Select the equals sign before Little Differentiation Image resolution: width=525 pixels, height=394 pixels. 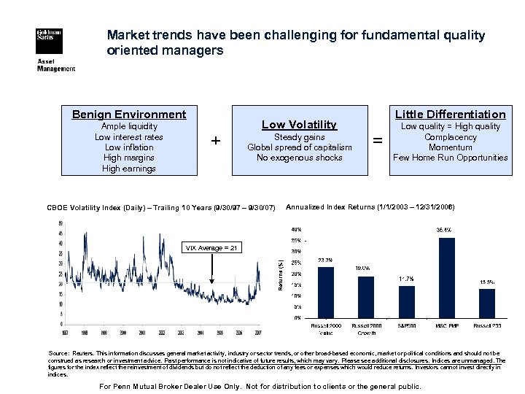[377, 142]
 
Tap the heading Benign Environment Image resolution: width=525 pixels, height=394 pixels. [129, 115]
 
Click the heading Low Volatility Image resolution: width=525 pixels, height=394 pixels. [300, 125]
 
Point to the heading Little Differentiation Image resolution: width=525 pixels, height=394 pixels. [450, 115]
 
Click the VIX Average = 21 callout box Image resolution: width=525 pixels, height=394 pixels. [212, 249]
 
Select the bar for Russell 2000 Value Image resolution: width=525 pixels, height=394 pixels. [326, 293]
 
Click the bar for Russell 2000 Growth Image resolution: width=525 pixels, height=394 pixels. [366, 297]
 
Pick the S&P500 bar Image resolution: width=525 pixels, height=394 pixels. [406, 301]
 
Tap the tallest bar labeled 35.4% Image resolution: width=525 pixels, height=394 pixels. [446, 278]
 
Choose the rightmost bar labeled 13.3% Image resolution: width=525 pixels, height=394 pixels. [486, 303]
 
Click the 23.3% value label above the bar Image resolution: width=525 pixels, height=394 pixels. [326, 260]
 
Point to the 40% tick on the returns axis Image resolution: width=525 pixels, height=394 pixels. [296, 230]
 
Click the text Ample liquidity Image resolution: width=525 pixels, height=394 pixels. [129, 126]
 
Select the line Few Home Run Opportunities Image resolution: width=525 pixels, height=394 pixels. [450, 158]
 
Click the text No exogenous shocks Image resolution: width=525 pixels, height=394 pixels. [300, 158]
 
